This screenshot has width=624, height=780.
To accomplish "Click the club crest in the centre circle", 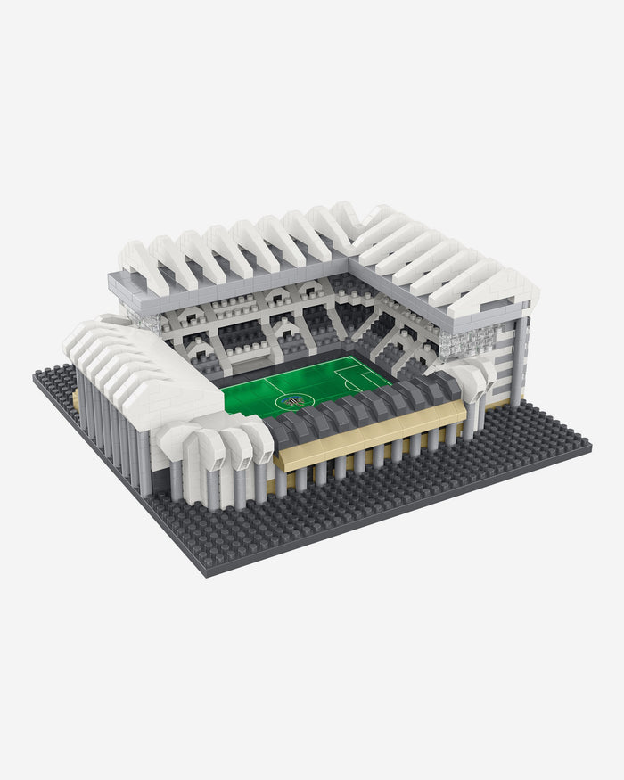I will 292,402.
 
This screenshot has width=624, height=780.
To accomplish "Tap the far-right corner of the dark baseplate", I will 588,441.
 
